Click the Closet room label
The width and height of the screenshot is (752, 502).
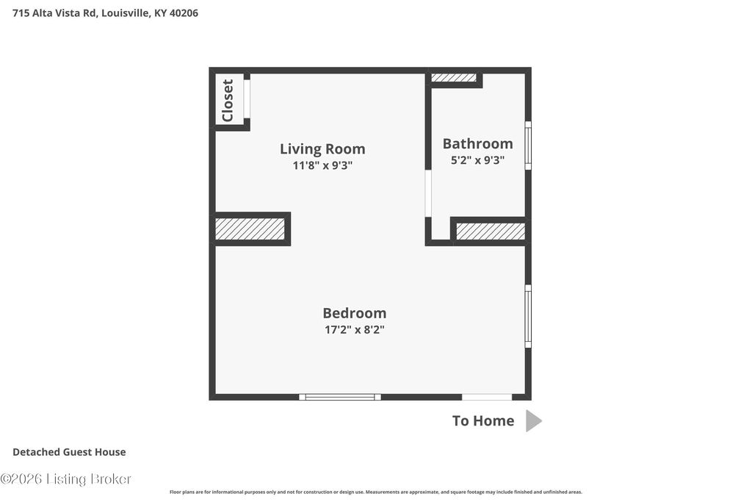click(x=228, y=100)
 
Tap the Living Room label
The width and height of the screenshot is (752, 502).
click(x=323, y=149)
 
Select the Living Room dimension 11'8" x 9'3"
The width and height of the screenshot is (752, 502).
click(x=323, y=165)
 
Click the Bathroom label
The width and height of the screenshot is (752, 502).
click(x=477, y=143)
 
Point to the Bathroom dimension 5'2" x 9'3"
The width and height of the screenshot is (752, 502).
click(x=477, y=159)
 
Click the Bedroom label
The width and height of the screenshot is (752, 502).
click(x=355, y=313)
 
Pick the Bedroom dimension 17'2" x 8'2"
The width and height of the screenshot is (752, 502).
click(x=355, y=329)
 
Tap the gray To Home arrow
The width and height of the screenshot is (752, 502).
click(x=534, y=421)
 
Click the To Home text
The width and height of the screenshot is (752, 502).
click(x=483, y=421)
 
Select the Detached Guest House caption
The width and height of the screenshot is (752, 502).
click(x=69, y=452)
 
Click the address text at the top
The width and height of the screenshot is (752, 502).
click(x=105, y=13)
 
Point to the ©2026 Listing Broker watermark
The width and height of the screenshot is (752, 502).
click(x=65, y=479)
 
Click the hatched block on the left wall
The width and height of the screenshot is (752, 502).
click(x=250, y=229)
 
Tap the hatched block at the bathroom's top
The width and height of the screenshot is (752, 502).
click(x=454, y=77)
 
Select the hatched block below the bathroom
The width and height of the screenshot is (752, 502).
click(x=491, y=232)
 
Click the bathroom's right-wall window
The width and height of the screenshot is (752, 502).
click(x=528, y=146)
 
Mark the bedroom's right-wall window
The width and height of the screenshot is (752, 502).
click(x=528, y=316)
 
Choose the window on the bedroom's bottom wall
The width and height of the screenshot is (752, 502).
click(x=340, y=397)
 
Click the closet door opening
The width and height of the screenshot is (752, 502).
click(x=247, y=99)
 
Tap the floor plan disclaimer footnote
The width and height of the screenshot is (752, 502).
click(x=376, y=492)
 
